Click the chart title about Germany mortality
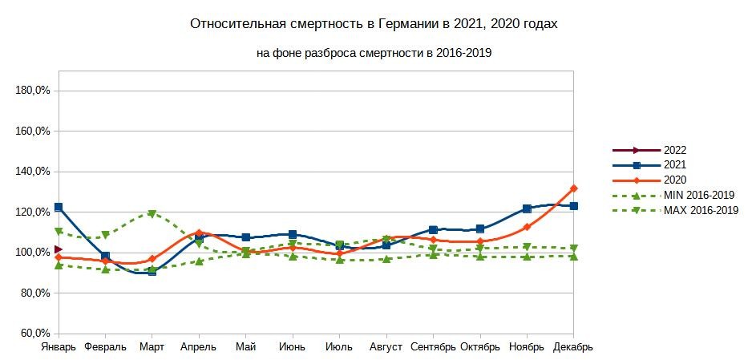coord(374,24)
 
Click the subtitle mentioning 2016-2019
coord(374,53)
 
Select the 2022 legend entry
coord(674,150)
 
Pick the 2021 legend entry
coord(674,165)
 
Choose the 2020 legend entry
coord(674,180)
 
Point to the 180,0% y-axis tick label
coord(34,91)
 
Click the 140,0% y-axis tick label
coord(34,172)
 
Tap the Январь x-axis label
coord(59,347)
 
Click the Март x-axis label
coord(152,347)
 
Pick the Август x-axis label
coord(386,347)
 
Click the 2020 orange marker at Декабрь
coord(573,188)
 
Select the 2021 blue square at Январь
coord(59,208)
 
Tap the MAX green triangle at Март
coord(152,214)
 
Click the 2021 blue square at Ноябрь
coord(527,208)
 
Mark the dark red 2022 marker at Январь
coord(59,250)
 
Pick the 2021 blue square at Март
coord(152,272)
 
